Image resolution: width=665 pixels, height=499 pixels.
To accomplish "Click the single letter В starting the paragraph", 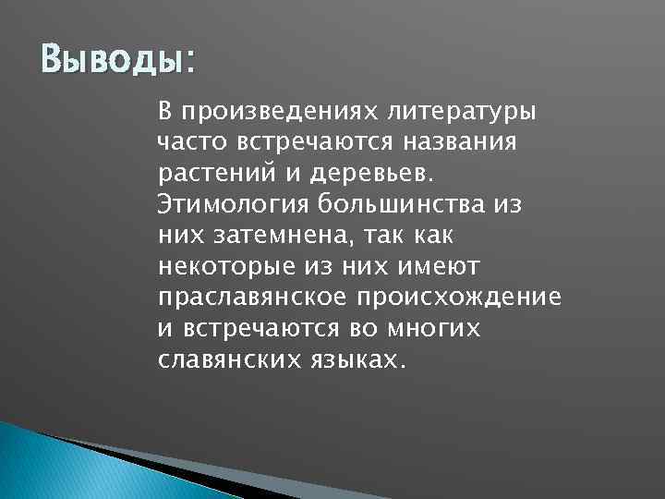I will coord(164,113).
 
